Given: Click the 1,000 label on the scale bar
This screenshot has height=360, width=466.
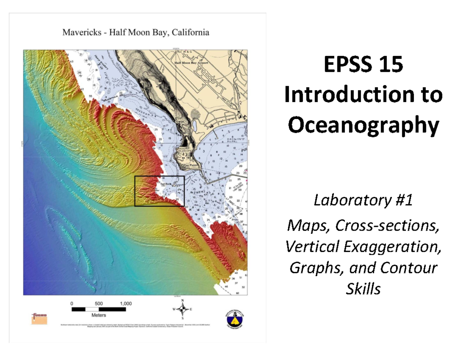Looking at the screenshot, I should tap(125, 303).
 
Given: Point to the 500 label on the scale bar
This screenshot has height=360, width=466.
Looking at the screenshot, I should tap(99, 303).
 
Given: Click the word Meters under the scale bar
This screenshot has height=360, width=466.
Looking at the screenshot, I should tap(99, 315).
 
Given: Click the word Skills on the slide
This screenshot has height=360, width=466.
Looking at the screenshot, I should tap(363, 289).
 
